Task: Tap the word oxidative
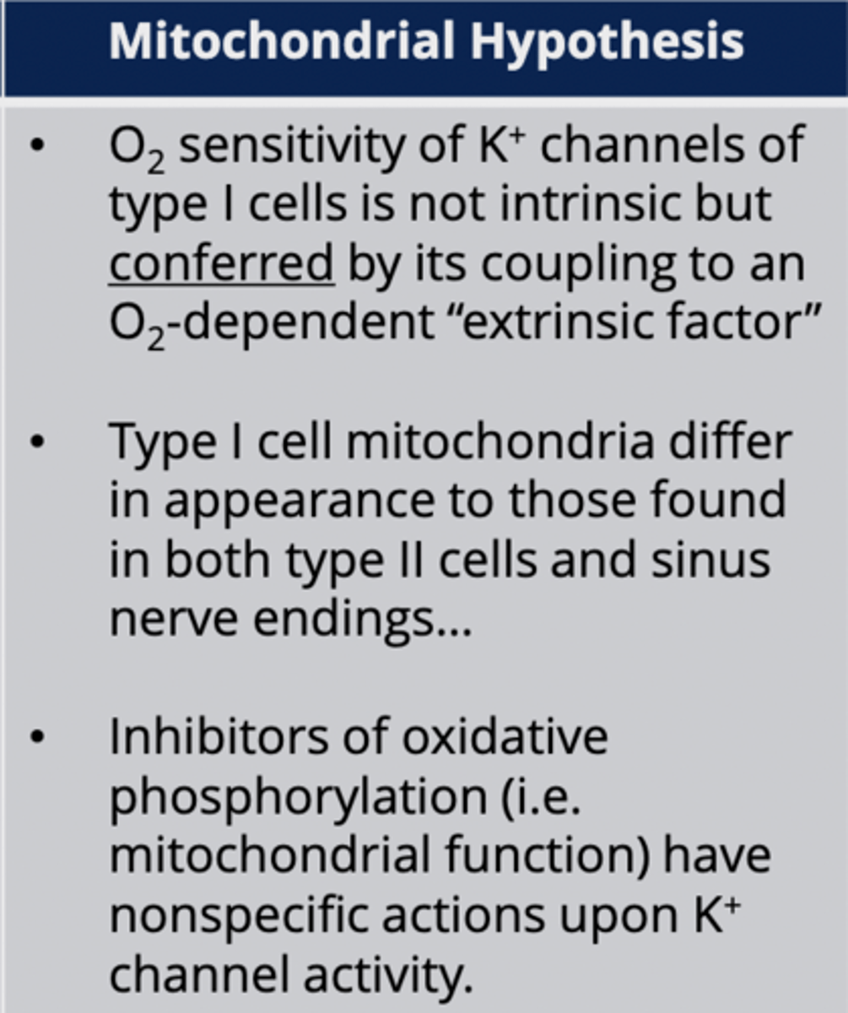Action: [504, 736]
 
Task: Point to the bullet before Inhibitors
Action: [35, 737]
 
